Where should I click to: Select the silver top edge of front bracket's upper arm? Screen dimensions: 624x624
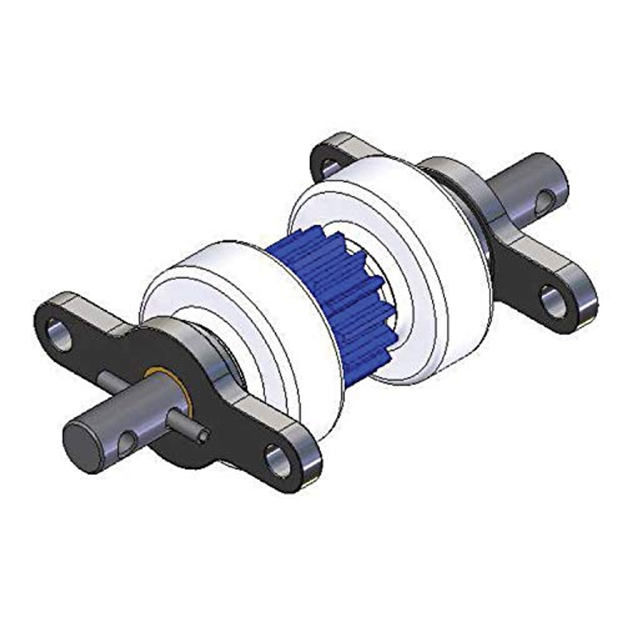pos(73,300)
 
